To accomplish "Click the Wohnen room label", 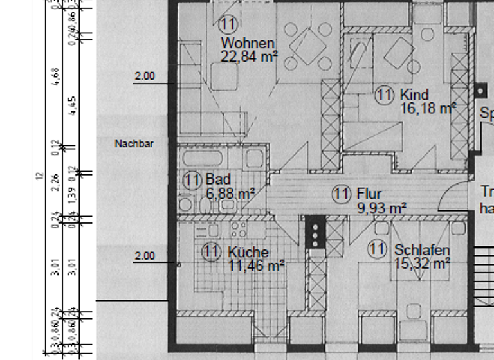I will [x=248, y=44].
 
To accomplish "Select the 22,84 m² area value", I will [x=249, y=57].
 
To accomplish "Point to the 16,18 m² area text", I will [x=428, y=109].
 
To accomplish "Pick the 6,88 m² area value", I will [x=230, y=193].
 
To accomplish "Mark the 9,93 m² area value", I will [x=381, y=208].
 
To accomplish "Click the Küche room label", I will [x=248, y=252].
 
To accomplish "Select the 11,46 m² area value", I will [x=256, y=265].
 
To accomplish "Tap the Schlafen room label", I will [x=422, y=250].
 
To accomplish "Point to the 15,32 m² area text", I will [x=422, y=264].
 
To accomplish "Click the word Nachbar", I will [x=134, y=144].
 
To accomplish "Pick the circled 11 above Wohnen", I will [x=228, y=25].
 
